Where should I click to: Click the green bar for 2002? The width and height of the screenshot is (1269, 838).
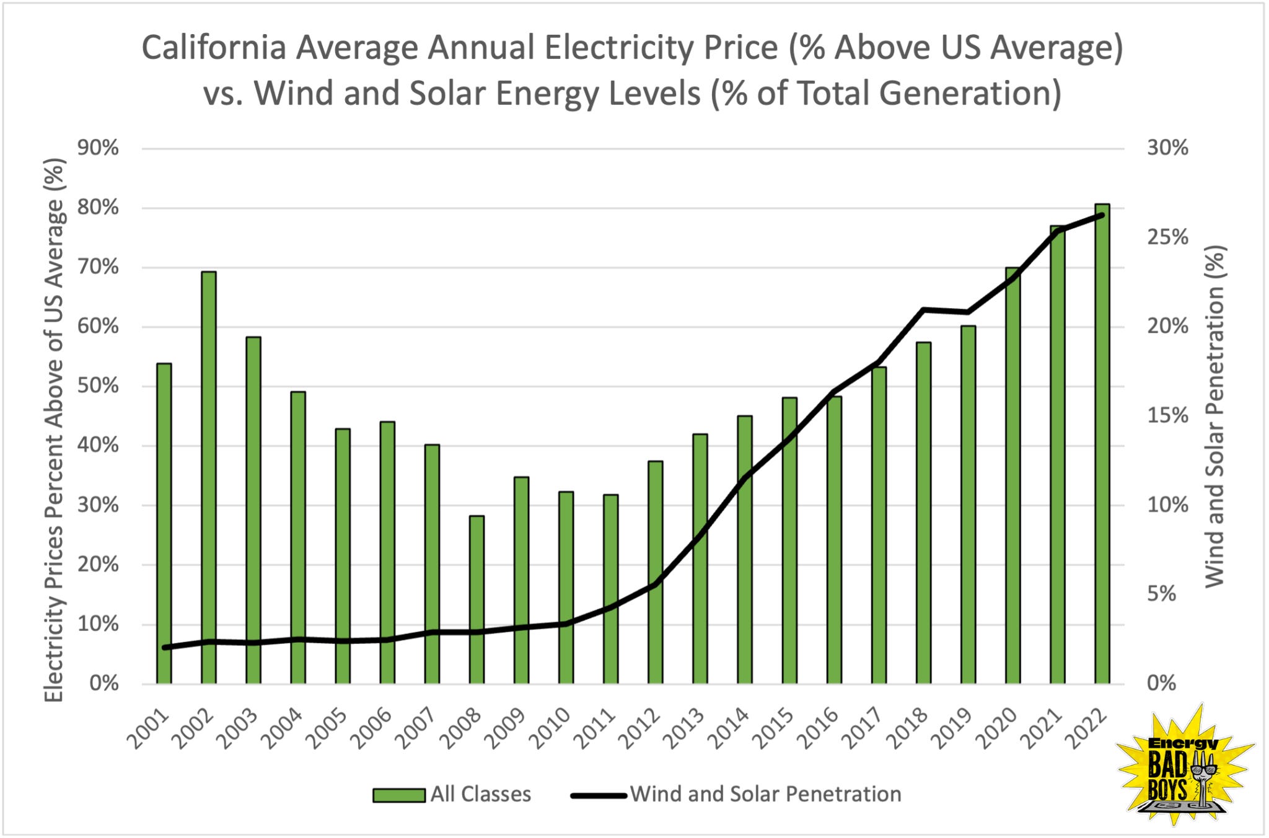click(x=209, y=477)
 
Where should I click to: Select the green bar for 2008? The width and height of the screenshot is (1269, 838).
click(x=476, y=599)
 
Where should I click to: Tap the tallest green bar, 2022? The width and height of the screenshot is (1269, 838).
click(x=1102, y=443)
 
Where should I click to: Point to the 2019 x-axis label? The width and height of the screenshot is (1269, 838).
click(x=954, y=729)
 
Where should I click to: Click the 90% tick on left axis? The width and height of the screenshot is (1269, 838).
click(x=98, y=148)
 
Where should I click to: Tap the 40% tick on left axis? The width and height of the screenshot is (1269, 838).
click(x=98, y=445)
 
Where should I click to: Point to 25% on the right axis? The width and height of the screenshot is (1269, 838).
click(x=1167, y=237)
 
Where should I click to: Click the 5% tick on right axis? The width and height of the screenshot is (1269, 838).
click(x=1161, y=594)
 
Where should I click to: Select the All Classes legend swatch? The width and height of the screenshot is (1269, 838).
click(x=398, y=795)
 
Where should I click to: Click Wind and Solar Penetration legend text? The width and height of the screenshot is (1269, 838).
click(x=765, y=794)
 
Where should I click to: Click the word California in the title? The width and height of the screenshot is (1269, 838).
click(x=213, y=48)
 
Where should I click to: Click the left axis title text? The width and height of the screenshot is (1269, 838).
click(x=55, y=430)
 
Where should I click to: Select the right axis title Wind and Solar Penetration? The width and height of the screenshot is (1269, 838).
click(x=1215, y=417)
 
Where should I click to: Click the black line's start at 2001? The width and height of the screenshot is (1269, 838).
click(x=165, y=648)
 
